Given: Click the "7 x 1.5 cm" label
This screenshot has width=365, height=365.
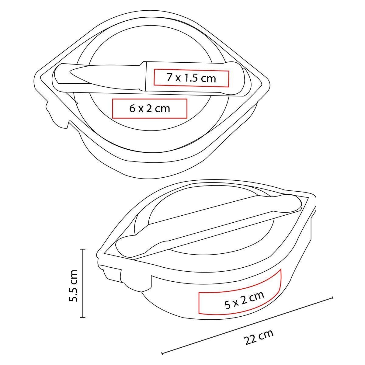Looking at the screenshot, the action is [191, 78].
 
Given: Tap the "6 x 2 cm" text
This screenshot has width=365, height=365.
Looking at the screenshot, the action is [150, 109].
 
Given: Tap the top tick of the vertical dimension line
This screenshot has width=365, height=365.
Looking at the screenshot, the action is [83, 250].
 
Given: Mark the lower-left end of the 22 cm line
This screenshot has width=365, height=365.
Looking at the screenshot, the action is [162, 354].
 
